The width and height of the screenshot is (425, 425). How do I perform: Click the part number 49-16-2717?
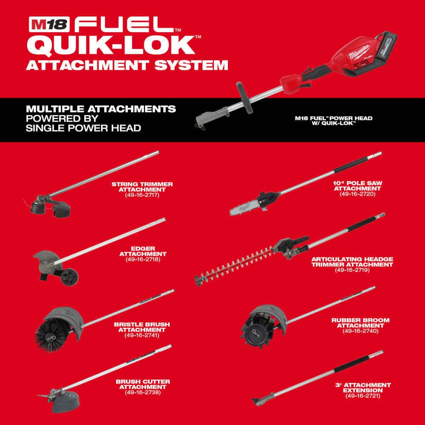tap(142, 195)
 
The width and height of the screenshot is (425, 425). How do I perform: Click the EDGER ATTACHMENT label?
tap(143, 251)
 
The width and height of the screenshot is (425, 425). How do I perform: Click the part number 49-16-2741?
tap(142, 335)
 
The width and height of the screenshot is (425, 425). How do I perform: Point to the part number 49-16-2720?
tap(358, 194)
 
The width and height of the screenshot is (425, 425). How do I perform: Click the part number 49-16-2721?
tap(363, 396)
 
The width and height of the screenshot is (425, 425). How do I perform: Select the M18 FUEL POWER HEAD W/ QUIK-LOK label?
tap(334, 121)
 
